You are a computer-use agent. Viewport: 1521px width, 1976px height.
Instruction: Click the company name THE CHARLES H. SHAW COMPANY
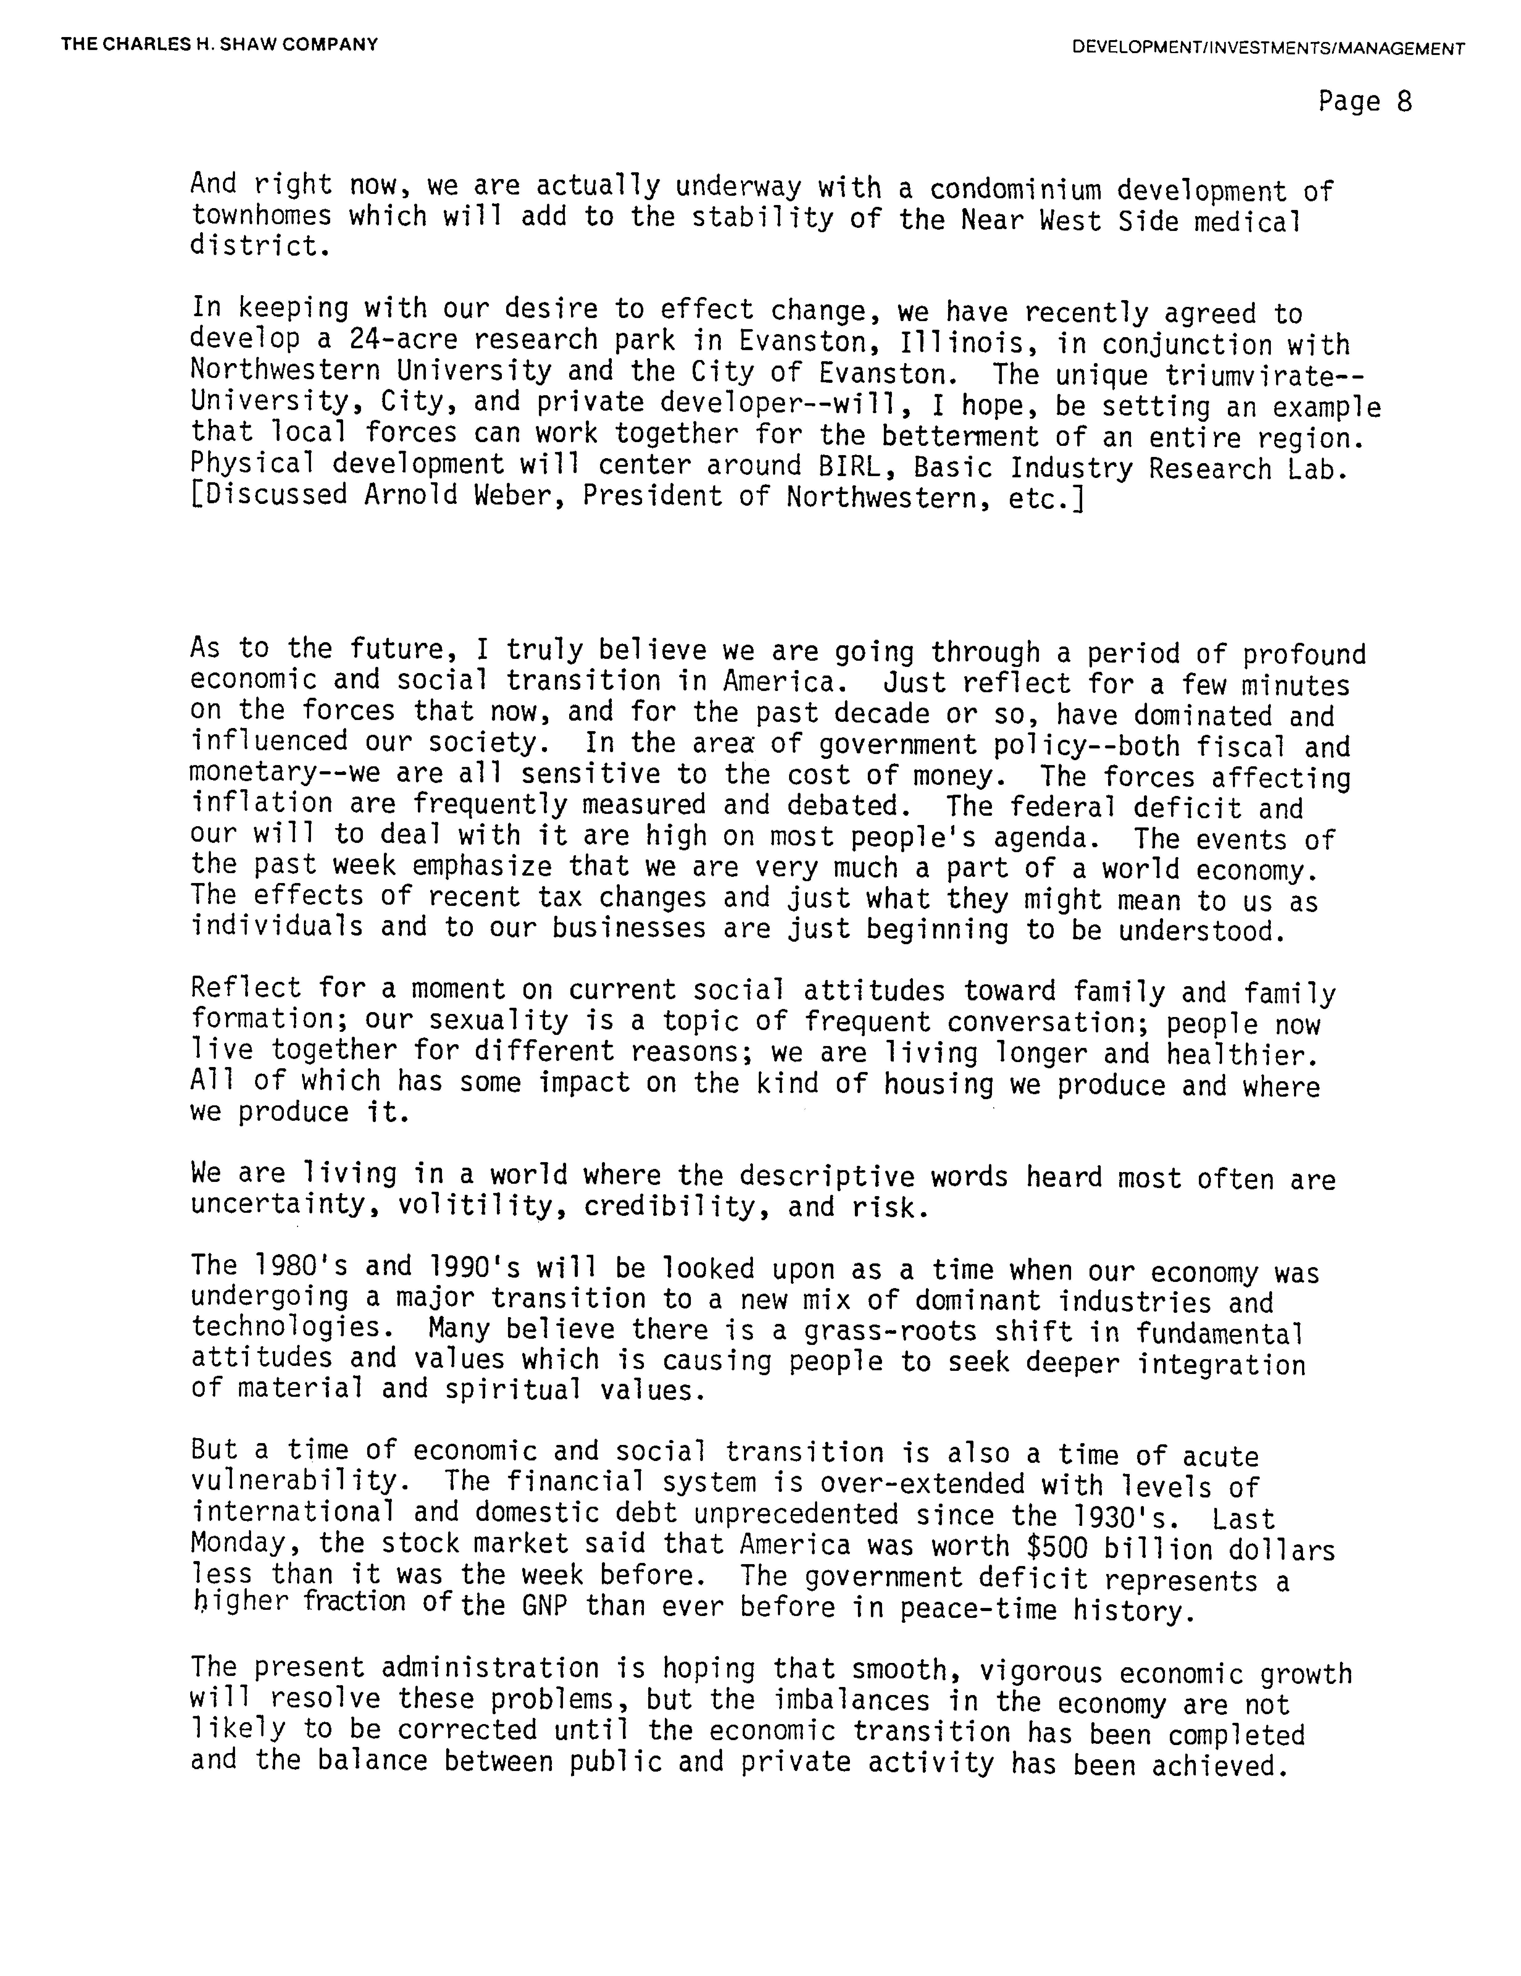point(220,44)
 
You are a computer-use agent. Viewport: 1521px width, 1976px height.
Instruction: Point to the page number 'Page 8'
point(1364,101)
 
